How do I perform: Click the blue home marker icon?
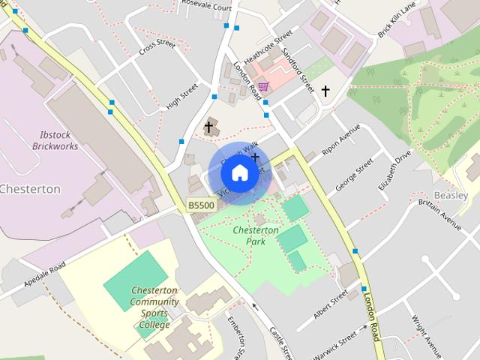coord(239,172)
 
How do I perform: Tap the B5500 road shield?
coord(201,205)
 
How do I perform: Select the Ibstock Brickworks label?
coord(55,141)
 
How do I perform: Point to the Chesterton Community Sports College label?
coord(154,307)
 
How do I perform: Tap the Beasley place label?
coord(451,194)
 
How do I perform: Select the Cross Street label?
coord(157,49)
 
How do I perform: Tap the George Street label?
coord(354,175)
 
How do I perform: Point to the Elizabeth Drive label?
coord(395,171)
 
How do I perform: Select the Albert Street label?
coord(331,304)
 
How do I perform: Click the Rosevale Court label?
coord(201,7)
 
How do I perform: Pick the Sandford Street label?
coord(298,71)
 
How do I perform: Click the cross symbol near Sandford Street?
coord(325,91)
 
